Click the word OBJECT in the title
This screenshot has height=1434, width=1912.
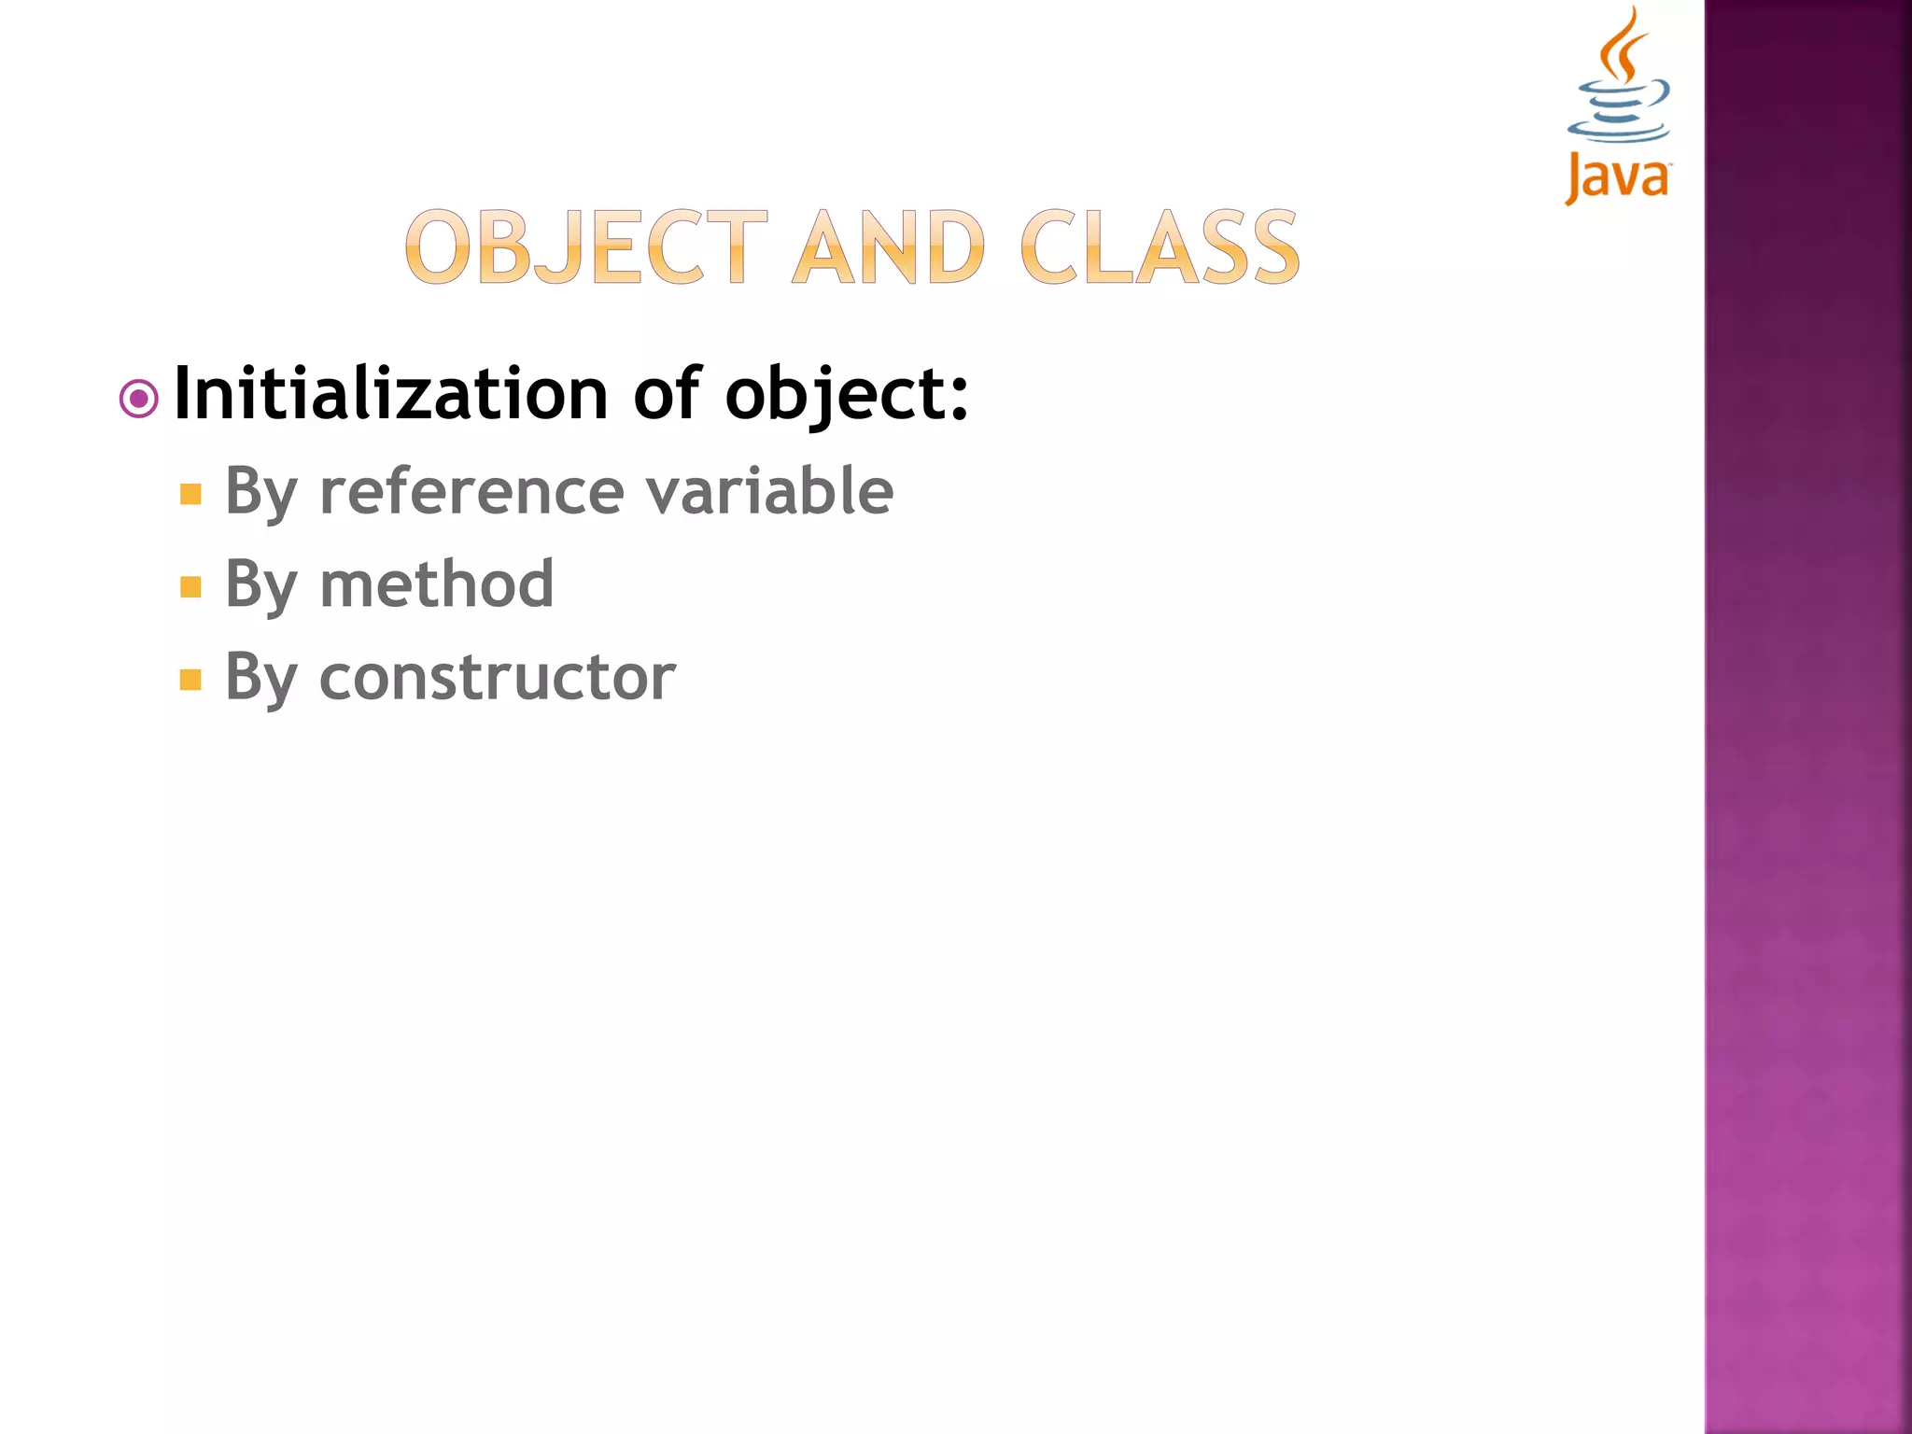[585, 246]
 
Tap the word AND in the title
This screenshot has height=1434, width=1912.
[888, 246]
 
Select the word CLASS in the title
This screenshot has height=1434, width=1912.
[1160, 246]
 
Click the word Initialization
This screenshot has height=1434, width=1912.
[391, 393]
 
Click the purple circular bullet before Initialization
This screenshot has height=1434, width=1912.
[139, 401]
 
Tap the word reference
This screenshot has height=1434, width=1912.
[471, 492]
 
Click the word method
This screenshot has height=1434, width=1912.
[436, 584]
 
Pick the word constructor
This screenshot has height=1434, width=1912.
[497, 677]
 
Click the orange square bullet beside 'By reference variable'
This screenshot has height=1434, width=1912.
[190, 494]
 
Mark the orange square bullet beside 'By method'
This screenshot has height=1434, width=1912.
[190, 586]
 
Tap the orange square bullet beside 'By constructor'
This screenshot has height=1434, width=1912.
[190, 679]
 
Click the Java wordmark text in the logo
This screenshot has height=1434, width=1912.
[1618, 176]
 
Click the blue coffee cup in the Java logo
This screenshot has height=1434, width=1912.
[1620, 113]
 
